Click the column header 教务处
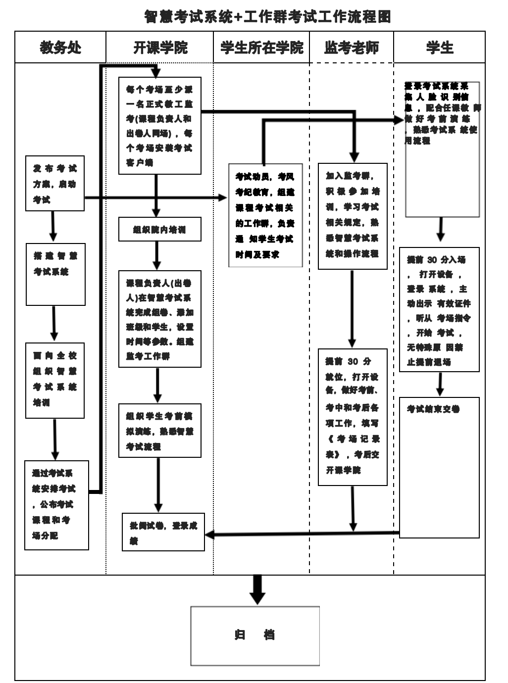tap(60, 48)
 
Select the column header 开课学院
tap(160, 48)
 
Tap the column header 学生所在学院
tap(261, 48)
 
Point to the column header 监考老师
tap(352, 48)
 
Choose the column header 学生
tap(440, 48)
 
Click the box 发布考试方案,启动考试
tap(55, 184)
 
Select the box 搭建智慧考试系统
tap(55, 274)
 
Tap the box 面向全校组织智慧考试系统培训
tap(55, 380)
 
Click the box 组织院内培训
tap(159, 230)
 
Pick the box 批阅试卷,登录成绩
tap(163, 532)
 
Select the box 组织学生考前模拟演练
tap(159, 431)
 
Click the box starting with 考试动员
tap(265, 215)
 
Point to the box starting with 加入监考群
tap(353, 216)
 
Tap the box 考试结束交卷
tap(439, 467)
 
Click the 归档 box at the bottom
tap(255, 635)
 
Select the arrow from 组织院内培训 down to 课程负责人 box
tap(157, 255)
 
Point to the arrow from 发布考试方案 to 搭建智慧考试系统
tap(53, 226)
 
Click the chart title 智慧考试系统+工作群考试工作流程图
tap(267, 17)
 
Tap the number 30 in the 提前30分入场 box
tap(432, 260)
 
